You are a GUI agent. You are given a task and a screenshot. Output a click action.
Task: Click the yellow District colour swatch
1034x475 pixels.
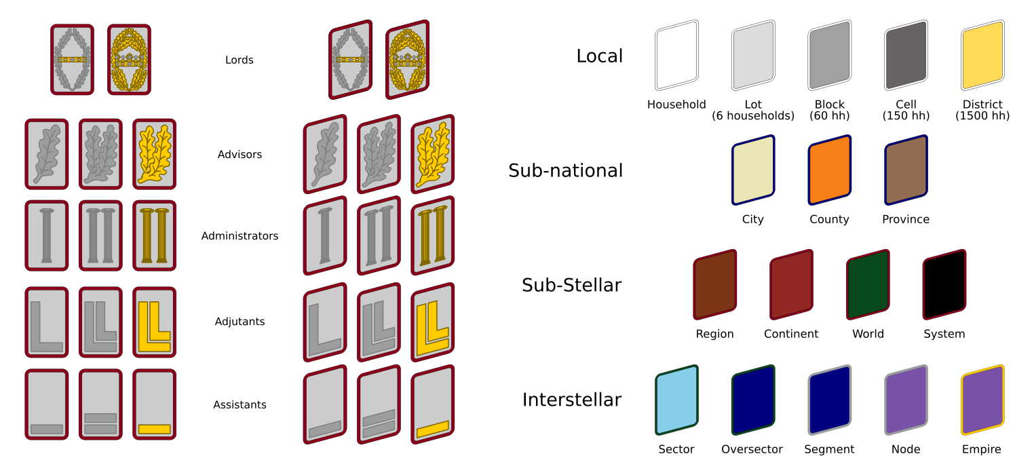[x=982, y=55]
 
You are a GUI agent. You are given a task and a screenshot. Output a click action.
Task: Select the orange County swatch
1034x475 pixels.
[x=829, y=170]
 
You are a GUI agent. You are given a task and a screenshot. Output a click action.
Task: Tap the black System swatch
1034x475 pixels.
[x=944, y=284]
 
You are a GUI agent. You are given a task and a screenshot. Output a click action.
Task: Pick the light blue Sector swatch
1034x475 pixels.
[x=676, y=400]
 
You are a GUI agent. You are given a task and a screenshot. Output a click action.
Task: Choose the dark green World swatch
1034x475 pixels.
[x=867, y=284]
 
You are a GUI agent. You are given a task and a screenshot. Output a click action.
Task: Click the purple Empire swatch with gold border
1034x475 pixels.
[x=982, y=400]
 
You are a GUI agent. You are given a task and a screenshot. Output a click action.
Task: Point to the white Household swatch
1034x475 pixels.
[x=676, y=55]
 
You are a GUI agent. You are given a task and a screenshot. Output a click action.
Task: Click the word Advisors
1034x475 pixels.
[x=240, y=155]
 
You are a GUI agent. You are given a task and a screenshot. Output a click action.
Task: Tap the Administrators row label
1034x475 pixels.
[x=240, y=236]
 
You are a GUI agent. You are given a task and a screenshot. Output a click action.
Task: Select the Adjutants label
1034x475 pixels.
[x=240, y=322]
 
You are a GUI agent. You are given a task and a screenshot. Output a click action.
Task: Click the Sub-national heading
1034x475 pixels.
[x=565, y=171]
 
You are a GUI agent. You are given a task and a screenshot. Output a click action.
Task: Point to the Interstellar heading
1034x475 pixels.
[x=571, y=400]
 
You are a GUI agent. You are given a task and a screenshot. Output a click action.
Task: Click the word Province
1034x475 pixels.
[x=905, y=220]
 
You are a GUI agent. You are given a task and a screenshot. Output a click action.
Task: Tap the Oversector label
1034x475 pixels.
[x=752, y=450]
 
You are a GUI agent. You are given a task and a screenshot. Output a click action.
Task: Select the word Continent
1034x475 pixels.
[x=790, y=335]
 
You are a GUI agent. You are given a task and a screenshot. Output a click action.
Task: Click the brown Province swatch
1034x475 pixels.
[x=906, y=170]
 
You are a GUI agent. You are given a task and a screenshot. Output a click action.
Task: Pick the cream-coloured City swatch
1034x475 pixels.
[x=752, y=170]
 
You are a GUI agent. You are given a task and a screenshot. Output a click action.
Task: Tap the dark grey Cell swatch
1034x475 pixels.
[x=906, y=55]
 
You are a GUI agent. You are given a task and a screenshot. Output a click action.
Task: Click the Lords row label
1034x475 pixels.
[x=240, y=60]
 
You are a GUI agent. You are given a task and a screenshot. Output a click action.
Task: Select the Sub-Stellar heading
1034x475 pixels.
[x=571, y=286]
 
